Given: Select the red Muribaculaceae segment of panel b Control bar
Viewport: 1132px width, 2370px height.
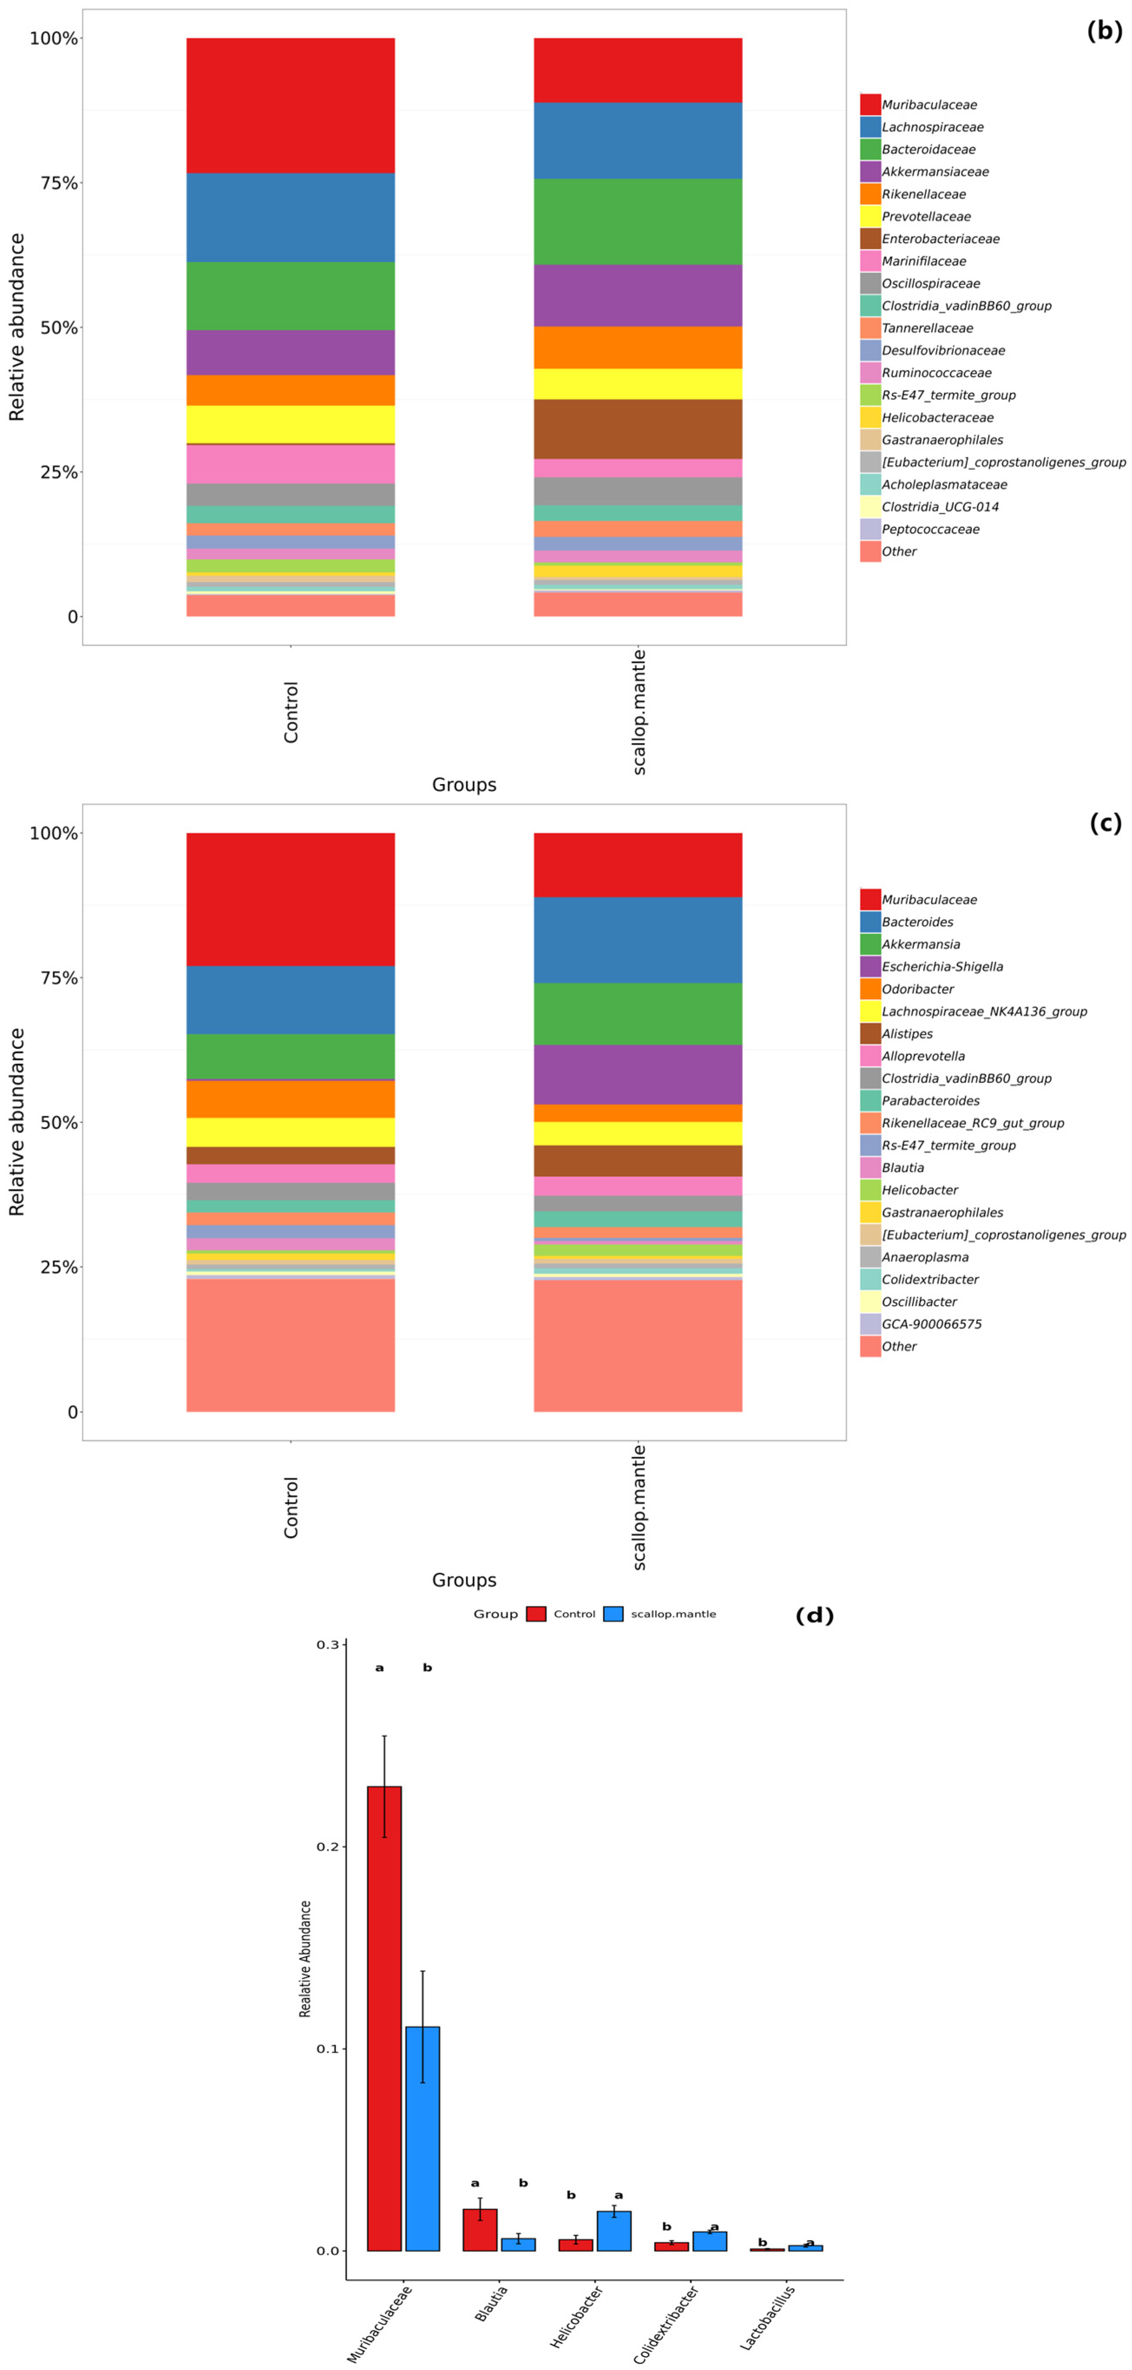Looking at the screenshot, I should pos(291,106).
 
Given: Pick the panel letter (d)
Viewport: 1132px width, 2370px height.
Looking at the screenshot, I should pos(814,1615).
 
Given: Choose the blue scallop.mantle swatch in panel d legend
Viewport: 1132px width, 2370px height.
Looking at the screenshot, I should pos(614,1614).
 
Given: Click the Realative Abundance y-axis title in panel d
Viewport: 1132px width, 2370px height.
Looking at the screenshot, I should pos(305,1960).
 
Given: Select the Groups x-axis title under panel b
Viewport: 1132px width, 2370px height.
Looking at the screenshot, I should pos(464,785).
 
